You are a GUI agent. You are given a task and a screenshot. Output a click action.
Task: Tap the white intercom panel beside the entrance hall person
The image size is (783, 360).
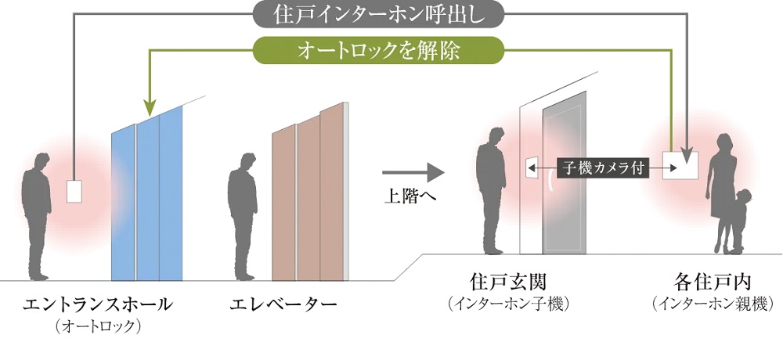coord(74,192)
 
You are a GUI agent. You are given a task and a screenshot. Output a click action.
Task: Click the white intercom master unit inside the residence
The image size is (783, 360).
coord(679,164)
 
